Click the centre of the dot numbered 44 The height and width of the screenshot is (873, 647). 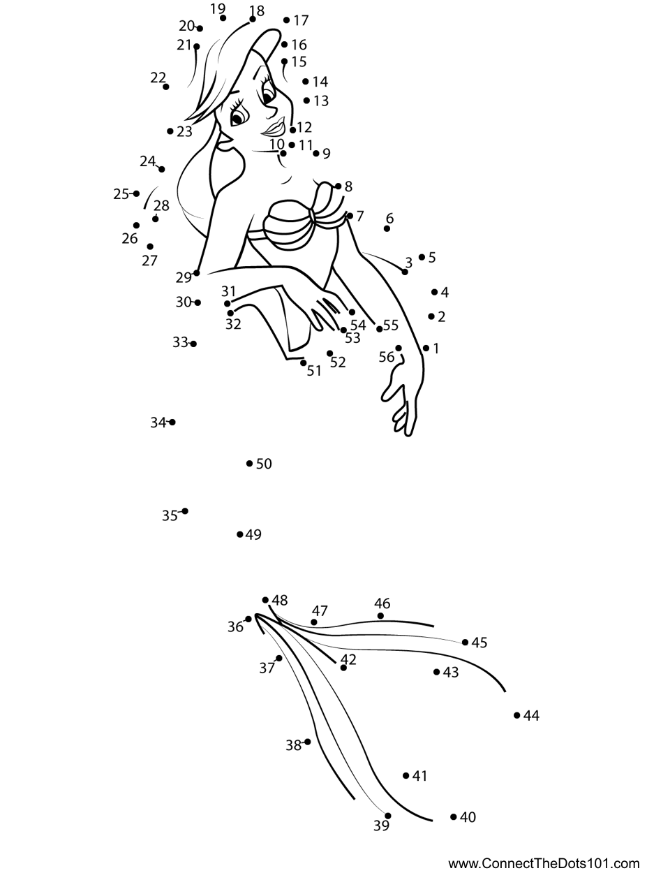[x=516, y=715]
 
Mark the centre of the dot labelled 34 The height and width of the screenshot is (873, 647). [x=172, y=422]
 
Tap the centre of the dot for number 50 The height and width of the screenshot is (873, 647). [x=249, y=463]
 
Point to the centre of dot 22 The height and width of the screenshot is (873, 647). [x=166, y=87]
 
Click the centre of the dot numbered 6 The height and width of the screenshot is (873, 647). [x=387, y=228]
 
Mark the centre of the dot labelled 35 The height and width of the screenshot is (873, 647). [x=185, y=511]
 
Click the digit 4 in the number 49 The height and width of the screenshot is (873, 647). [x=249, y=534]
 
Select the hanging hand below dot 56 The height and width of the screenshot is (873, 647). [x=400, y=397]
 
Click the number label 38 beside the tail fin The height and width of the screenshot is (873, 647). [x=293, y=745]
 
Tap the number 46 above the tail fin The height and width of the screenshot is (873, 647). [x=382, y=603]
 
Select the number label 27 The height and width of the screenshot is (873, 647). [x=149, y=261]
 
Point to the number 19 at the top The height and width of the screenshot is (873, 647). [x=218, y=8]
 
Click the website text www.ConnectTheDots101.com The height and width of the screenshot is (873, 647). [x=544, y=861]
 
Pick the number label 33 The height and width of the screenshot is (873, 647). [x=180, y=342]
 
